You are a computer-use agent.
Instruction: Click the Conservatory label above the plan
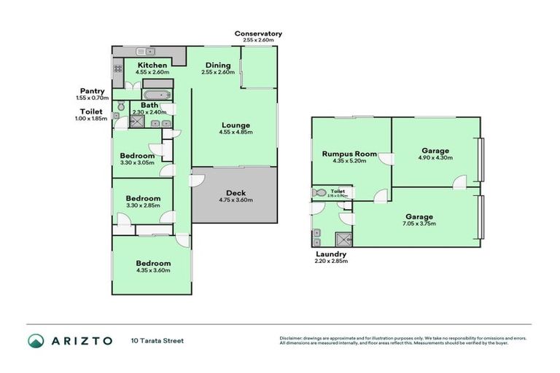[x=258, y=34]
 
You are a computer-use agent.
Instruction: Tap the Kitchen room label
[x=152, y=66]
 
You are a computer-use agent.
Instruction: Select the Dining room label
[x=217, y=66]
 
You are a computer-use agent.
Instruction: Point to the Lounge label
[x=236, y=125]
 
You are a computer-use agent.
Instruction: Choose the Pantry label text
[x=92, y=91]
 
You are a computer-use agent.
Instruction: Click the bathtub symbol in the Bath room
[x=156, y=95]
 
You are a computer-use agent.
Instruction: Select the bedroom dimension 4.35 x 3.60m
[x=153, y=270]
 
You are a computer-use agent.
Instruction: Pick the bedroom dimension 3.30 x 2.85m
[x=143, y=206]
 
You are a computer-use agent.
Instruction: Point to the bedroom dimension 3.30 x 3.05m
[x=137, y=164]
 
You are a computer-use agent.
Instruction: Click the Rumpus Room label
[x=349, y=154]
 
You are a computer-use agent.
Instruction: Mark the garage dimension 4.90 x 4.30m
[x=434, y=158]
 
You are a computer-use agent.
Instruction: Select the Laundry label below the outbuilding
[x=331, y=254]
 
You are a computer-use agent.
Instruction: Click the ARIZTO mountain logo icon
[x=35, y=340]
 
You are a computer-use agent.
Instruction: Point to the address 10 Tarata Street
[x=157, y=340]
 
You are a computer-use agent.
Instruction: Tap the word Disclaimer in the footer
[x=292, y=338]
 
